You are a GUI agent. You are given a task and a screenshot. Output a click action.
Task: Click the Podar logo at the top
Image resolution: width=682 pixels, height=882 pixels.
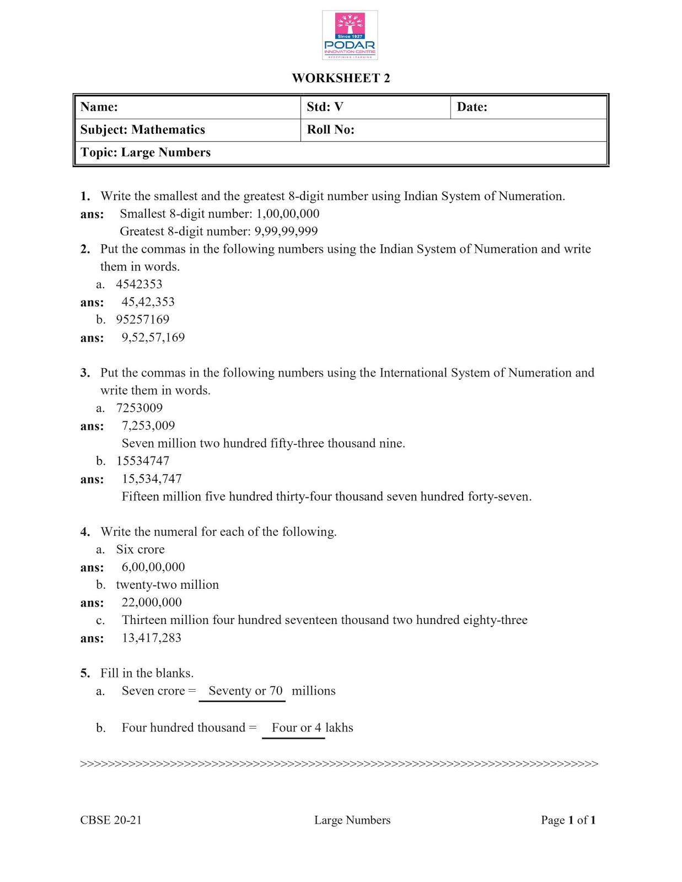[350, 35]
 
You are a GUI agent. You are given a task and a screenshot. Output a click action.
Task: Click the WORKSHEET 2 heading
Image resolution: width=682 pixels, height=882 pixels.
[341, 78]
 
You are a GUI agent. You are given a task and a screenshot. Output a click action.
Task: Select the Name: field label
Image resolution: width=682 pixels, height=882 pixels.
[99, 107]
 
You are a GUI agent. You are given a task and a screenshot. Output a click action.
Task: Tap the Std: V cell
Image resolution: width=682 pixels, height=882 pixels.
[325, 107]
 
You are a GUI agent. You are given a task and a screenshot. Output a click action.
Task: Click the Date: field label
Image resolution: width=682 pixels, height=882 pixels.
[472, 107]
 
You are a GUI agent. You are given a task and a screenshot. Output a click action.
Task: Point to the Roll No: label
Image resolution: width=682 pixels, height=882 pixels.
[330, 130]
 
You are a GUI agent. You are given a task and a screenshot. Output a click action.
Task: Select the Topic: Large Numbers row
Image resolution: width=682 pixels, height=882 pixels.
[146, 153]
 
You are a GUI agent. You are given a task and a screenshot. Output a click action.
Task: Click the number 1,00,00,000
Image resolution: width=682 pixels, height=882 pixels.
[288, 214]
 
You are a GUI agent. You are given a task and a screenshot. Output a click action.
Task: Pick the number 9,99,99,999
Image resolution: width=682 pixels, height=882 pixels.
[286, 232]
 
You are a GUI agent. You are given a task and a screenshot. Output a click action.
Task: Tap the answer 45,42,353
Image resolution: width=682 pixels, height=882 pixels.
[148, 302]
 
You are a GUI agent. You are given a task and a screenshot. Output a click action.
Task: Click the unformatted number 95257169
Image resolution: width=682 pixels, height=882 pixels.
[142, 320]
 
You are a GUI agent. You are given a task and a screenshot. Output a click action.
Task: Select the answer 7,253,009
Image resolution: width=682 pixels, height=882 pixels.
[148, 426]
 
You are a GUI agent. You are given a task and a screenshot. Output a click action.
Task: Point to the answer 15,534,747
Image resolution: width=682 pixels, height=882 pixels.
[151, 479]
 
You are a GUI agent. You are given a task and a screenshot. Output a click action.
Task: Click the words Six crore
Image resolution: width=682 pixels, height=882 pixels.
[140, 550]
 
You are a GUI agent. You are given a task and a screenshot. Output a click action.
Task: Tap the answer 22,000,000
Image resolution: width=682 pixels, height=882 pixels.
[151, 603]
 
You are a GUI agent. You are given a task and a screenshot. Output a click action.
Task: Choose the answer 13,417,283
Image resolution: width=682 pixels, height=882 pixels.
[151, 638]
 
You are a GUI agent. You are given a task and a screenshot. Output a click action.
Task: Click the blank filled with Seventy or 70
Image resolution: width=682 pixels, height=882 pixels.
[245, 691]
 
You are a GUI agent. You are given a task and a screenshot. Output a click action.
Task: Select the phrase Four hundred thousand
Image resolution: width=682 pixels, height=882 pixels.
[183, 728]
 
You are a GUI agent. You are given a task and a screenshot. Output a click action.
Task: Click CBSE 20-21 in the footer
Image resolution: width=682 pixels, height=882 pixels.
[111, 820]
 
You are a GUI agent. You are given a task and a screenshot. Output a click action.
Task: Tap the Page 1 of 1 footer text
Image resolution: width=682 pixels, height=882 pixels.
[568, 820]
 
